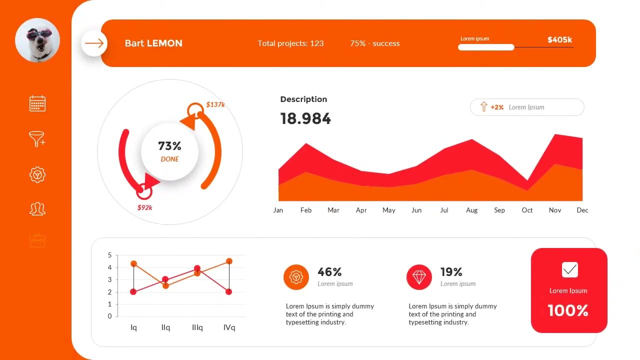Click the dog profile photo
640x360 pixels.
coord(37,40)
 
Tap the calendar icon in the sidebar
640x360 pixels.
coord(37,103)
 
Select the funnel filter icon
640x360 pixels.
coord(37,139)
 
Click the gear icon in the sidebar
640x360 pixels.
coord(37,174)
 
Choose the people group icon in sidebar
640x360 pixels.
coord(37,208)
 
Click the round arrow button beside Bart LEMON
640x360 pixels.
coord(94,43)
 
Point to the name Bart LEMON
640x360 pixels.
coord(153,43)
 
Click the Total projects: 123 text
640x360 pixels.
coord(290,43)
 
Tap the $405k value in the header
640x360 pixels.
coord(559,39)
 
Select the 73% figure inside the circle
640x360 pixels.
coord(169,146)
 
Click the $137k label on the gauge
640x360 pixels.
coord(215,104)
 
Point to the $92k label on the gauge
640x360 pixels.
coord(144,207)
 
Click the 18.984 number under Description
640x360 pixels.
coord(305,119)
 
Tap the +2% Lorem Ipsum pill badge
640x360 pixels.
coord(527,107)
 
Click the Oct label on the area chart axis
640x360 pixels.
coord(527,210)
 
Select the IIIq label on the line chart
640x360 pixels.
coord(197,327)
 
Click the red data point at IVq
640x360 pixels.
coord(228,291)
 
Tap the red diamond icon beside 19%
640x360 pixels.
coord(419,277)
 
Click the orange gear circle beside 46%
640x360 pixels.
coord(296,277)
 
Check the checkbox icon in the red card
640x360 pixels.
coord(569,270)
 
